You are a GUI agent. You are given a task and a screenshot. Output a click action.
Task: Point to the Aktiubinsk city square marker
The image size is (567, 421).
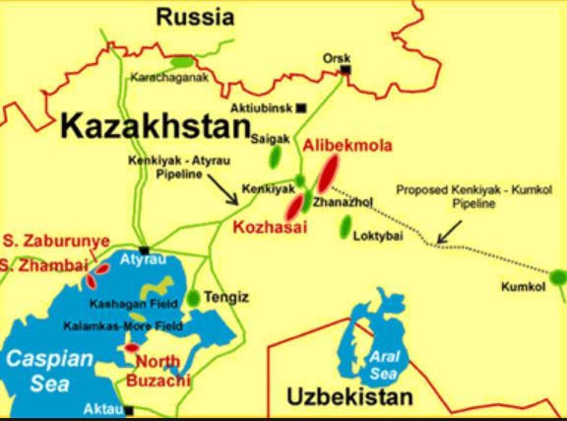pos(301,106)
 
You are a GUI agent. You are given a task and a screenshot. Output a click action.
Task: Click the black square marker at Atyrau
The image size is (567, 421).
pos(145,250)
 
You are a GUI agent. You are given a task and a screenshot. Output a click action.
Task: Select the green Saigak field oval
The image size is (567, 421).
pos(279,155)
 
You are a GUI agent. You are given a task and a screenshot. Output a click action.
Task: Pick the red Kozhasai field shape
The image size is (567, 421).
pos(295,206)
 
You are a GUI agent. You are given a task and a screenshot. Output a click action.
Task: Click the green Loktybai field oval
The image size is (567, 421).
pos(346,227)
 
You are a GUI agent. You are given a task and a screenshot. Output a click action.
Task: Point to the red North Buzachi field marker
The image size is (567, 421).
pos(131,348)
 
